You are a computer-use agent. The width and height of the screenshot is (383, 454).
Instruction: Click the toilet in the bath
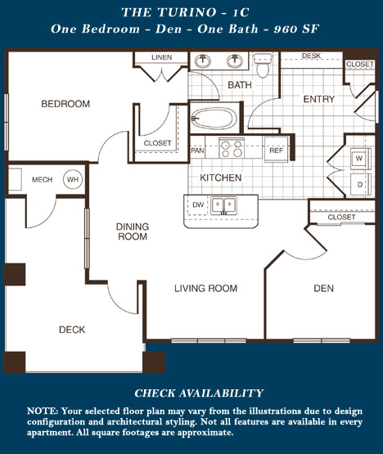(263, 65)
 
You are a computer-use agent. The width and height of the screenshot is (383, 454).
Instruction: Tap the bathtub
(214, 119)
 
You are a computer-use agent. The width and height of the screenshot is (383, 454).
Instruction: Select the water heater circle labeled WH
(73, 179)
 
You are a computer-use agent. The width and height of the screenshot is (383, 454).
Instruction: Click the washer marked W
(360, 159)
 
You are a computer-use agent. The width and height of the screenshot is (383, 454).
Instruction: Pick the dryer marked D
(360, 184)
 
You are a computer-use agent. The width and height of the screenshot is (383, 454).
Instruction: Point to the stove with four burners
(232, 148)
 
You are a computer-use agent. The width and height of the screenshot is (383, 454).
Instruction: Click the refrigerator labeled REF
(276, 150)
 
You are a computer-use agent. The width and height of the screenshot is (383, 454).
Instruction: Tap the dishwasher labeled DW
(198, 205)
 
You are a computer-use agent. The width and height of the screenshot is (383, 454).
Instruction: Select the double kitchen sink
(223, 205)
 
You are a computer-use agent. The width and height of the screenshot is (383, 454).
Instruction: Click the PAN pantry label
(197, 151)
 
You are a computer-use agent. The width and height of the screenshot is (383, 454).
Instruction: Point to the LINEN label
(162, 57)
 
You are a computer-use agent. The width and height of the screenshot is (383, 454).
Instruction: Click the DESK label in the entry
(311, 56)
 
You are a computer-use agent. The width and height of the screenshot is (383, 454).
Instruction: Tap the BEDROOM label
(65, 104)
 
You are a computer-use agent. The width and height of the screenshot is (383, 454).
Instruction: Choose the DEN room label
(323, 288)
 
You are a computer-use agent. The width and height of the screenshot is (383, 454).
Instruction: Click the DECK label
(72, 330)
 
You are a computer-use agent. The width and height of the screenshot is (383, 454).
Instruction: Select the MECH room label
(43, 179)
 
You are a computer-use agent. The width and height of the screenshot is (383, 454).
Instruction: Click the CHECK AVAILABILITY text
(199, 393)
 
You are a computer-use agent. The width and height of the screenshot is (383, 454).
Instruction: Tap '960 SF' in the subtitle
(296, 29)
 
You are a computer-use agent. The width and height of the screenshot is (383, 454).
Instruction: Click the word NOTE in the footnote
(43, 411)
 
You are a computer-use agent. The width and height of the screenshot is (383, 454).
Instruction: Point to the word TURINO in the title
(187, 12)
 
